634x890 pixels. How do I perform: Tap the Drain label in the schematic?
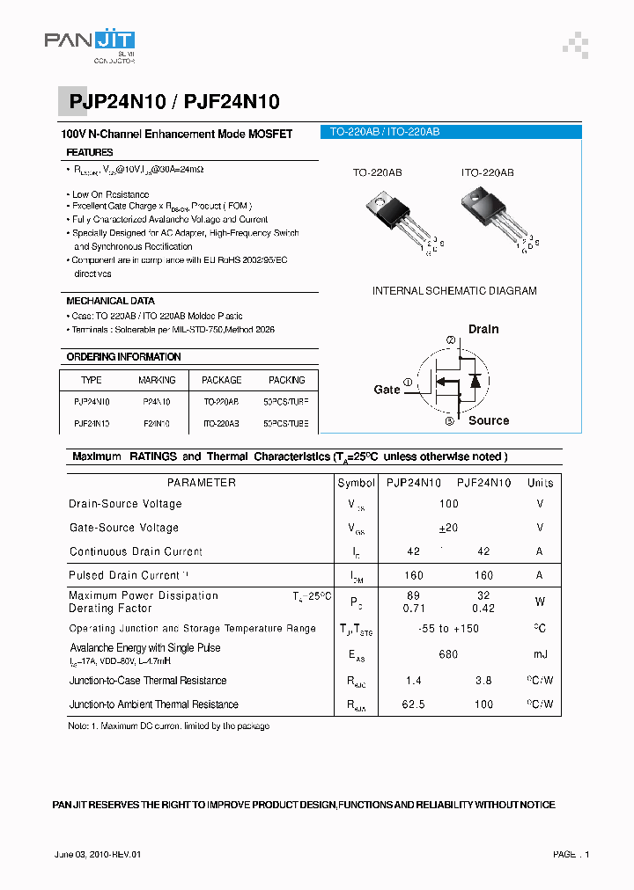[483, 329]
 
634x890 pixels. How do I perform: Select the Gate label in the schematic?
[387, 389]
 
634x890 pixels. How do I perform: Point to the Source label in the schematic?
[489, 420]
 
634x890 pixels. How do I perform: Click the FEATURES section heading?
[90, 152]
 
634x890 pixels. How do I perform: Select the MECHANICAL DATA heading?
[110, 301]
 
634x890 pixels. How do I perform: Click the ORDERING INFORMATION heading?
[123, 357]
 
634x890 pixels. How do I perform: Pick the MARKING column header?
[157, 380]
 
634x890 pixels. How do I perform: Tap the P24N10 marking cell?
[157, 401]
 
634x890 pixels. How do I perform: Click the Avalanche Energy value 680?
[449, 654]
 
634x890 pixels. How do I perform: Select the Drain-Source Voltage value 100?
[449, 504]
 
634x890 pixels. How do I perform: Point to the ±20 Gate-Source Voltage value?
[449, 528]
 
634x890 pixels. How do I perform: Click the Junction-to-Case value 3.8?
[483, 681]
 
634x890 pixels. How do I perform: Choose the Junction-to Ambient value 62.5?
[413, 704]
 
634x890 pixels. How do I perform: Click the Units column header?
[540, 483]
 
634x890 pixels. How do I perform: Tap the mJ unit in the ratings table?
[540, 654]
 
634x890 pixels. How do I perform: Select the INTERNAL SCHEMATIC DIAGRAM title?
[454, 291]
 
